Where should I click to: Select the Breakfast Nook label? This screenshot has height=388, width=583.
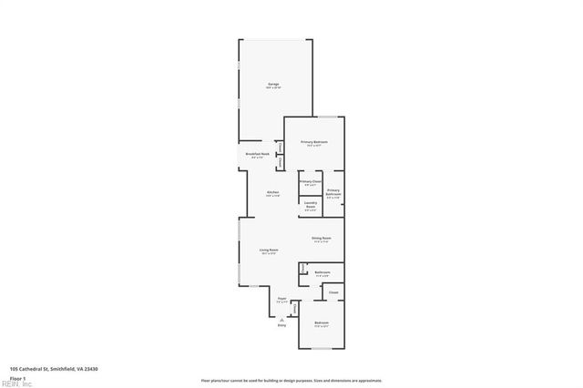coord(256,156)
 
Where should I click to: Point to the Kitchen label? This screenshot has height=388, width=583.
coord(273,193)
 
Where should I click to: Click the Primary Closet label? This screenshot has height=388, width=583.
coord(310,182)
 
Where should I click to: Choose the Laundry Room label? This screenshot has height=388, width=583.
coord(311,205)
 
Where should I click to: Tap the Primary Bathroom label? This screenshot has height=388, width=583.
coord(333,193)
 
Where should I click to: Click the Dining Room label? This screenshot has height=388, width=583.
coord(322,240)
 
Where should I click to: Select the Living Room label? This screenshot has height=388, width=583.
coord(268,251)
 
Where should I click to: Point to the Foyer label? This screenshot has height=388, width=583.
coord(281,299)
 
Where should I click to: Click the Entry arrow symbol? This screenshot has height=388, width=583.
coord(281,320)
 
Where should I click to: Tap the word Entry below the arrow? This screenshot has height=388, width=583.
coord(281,325)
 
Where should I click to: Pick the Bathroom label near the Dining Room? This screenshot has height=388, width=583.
coord(322,273)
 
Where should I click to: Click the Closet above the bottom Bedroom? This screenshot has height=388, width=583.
coord(333,292)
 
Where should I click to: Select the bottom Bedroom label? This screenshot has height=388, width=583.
coord(322,325)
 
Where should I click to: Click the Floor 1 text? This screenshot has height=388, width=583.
coord(17,377)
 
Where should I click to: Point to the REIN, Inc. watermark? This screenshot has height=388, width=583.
coord(15,384)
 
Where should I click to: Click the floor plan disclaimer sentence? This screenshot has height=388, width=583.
coord(291,381)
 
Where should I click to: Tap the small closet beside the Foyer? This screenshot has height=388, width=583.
coord(294,308)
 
